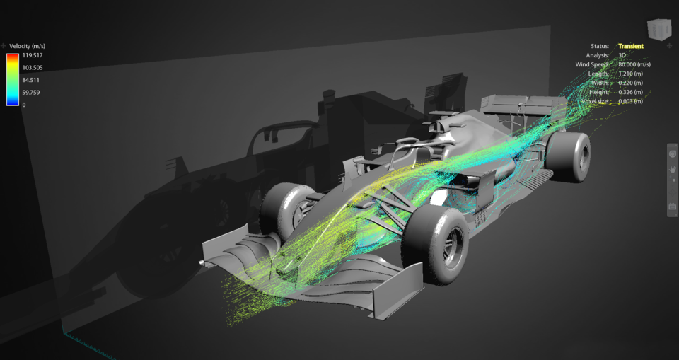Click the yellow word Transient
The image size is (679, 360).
click(630, 46)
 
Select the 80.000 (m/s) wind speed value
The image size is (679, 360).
click(634, 64)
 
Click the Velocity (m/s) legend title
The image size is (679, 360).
click(28, 46)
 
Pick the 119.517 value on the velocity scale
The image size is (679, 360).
click(31, 55)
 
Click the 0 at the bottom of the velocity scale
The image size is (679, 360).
click(24, 104)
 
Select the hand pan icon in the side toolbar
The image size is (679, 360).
click(673, 169)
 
